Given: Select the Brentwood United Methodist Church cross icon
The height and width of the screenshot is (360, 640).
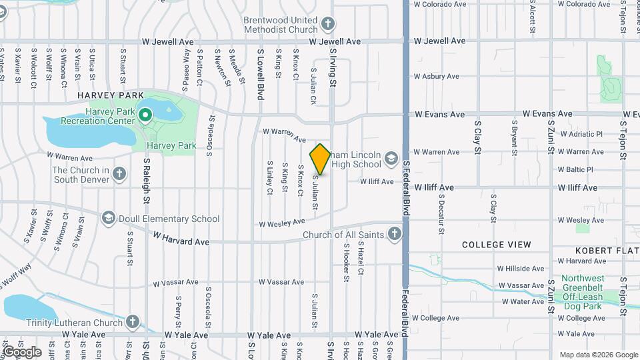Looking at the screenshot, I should click(x=327, y=25).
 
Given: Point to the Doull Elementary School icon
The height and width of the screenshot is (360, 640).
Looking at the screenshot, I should click(x=109, y=218).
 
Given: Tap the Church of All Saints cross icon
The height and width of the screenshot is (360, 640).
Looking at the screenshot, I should click(x=395, y=234).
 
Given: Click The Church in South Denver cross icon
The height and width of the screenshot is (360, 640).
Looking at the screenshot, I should click(x=119, y=174).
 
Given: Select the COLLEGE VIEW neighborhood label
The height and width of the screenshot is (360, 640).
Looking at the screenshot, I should click(x=497, y=245).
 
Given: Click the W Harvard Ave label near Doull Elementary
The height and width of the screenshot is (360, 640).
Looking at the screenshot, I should click(x=181, y=238).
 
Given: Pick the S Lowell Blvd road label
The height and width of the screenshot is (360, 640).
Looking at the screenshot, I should click(x=260, y=74).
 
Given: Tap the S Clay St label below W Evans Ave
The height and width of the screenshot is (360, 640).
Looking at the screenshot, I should click(x=477, y=137).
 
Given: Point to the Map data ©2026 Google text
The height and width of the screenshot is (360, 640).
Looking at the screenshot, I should click(x=597, y=355).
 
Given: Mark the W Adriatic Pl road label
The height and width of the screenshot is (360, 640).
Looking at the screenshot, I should click(x=579, y=134).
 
